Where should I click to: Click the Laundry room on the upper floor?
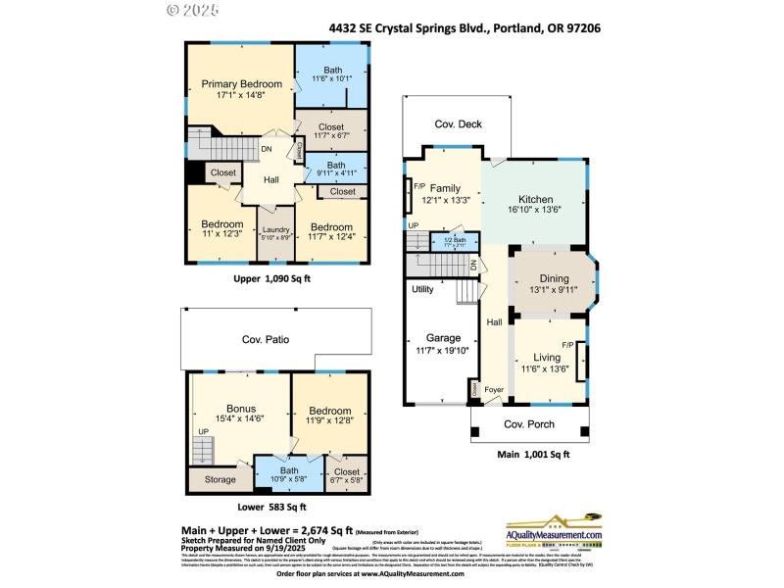275,229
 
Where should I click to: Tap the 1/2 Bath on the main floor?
454,241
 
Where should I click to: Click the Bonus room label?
240,409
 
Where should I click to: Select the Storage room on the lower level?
220,480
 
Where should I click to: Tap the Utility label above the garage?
422,289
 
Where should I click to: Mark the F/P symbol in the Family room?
418,186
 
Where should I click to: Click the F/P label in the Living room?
567,345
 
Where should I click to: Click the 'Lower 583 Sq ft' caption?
271,507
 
